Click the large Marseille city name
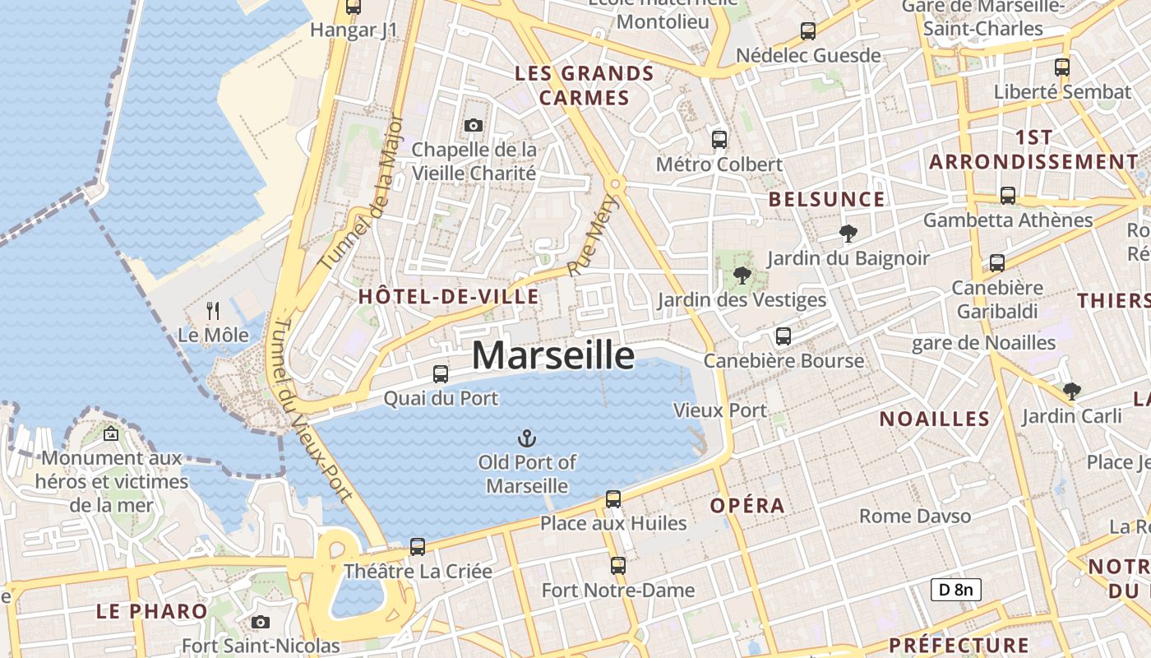coord(553,355)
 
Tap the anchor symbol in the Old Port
coord(527,438)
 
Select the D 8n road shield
coord(955,589)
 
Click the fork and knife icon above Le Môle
coord(213,310)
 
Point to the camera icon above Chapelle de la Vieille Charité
coord(473,125)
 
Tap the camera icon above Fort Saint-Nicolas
coord(261,621)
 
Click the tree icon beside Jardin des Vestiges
coord(742,275)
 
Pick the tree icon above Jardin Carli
coord(1071,391)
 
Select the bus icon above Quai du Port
coord(441,373)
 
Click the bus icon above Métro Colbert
coord(719,139)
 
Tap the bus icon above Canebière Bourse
coord(784,336)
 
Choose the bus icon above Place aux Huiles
coord(613,498)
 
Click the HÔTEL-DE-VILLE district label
coord(449,297)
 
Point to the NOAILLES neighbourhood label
coord(935,419)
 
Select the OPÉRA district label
coord(747,505)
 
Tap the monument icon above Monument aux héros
coord(111,433)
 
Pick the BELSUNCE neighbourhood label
coord(826,199)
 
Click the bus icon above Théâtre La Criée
coord(418,546)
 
